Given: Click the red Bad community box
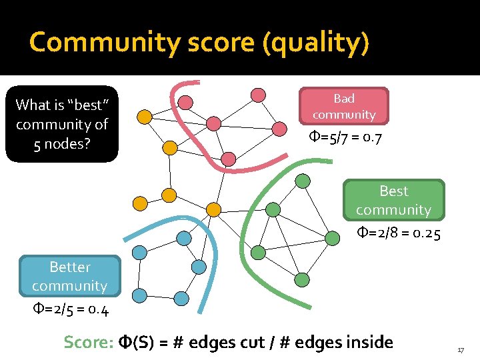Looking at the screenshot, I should click(x=343, y=106).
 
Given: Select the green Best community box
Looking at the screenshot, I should click(x=393, y=200).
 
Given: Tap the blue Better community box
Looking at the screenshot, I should click(x=70, y=276).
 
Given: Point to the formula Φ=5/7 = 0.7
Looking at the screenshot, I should click(x=345, y=139).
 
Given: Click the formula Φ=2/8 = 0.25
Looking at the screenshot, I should click(x=399, y=233).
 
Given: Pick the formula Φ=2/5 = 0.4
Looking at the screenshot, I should click(x=71, y=310).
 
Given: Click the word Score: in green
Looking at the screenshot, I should click(x=89, y=343).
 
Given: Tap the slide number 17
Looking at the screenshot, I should click(x=460, y=350).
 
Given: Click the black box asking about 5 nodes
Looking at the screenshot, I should click(x=62, y=124).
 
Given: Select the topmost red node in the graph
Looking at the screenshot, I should click(x=258, y=95).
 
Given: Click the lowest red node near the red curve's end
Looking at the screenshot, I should click(x=228, y=159).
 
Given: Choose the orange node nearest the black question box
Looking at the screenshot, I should click(x=144, y=117).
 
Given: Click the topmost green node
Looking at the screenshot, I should click(x=303, y=180).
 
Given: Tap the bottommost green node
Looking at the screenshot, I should click(x=301, y=279).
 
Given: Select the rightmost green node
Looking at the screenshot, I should click(x=332, y=237).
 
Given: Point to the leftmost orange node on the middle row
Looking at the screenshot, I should click(x=140, y=203).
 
